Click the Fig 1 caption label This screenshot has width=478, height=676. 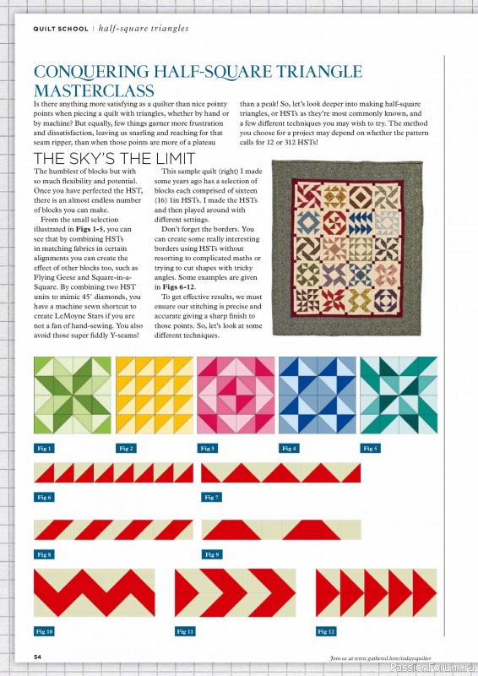pyautogui.click(x=45, y=449)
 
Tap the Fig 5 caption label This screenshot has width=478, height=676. pyautogui.click(x=371, y=449)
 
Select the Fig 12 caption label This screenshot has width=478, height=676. pyautogui.click(x=327, y=631)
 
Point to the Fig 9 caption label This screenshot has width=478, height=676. pyautogui.click(x=212, y=554)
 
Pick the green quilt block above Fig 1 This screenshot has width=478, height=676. pyautogui.click(x=72, y=395)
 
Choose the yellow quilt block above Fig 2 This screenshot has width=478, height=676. pyautogui.click(x=154, y=395)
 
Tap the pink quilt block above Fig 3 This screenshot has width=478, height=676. pyautogui.click(x=236, y=395)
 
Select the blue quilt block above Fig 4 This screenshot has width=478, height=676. pyautogui.click(x=318, y=395)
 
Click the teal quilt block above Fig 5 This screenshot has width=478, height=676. pyautogui.click(x=399, y=395)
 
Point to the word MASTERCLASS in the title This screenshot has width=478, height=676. pyautogui.click(x=94, y=90)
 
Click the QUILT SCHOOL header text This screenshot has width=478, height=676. pyautogui.click(x=60, y=28)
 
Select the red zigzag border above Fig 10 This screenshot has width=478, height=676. pyautogui.click(x=94, y=592)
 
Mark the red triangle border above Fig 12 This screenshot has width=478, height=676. pyautogui.click(x=377, y=592)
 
